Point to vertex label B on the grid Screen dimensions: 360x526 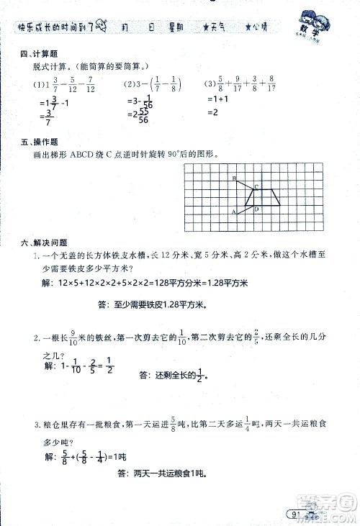click(x=234, y=177)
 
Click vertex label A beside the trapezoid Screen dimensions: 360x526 click(x=233, y=212)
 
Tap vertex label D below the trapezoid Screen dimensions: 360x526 click(x=256, y=209)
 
